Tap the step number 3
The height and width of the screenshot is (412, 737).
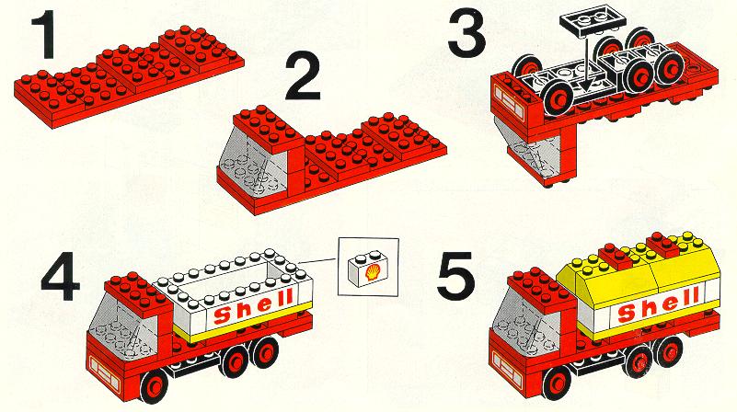[466, 34]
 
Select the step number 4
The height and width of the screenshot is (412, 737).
[60, 276]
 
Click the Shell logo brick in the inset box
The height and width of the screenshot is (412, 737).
[367, 268]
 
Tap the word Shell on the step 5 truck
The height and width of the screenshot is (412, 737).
[658, 303]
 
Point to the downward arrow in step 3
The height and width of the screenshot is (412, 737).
[585, 63]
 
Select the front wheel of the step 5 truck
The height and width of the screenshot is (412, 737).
[558, 383]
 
